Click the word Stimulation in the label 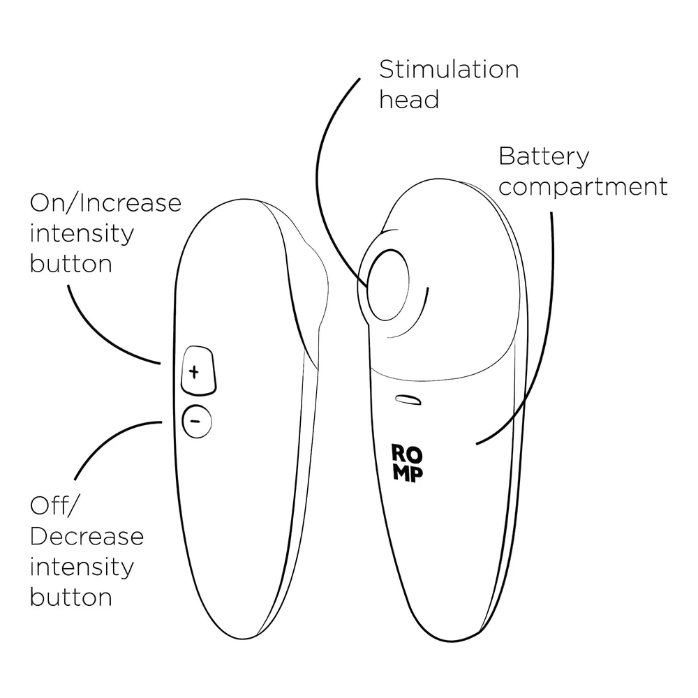[449, 70]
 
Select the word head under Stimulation [409, 100]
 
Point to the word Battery [544, 157]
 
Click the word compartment [583, 187]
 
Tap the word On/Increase [105, 204]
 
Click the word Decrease [87, 536]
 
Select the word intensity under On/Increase [81, 234]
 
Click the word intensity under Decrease [81, 567]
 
